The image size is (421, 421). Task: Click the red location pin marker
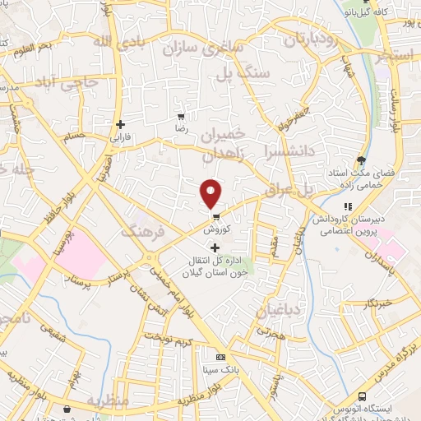coord(212,193)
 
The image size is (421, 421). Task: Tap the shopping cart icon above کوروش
coord(216,218)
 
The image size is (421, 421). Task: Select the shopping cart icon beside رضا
coord(181,116)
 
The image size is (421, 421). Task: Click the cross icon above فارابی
coord(120,125)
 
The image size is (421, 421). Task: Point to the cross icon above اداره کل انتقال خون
coord(215,248)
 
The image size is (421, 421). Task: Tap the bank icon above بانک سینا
coord(220,358)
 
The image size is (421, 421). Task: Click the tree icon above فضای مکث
coord(360,160)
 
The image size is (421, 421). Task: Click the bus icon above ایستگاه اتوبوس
coord(363,396)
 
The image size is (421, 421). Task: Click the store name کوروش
coord(215,231)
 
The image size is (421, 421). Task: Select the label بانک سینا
coord(220,370)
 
